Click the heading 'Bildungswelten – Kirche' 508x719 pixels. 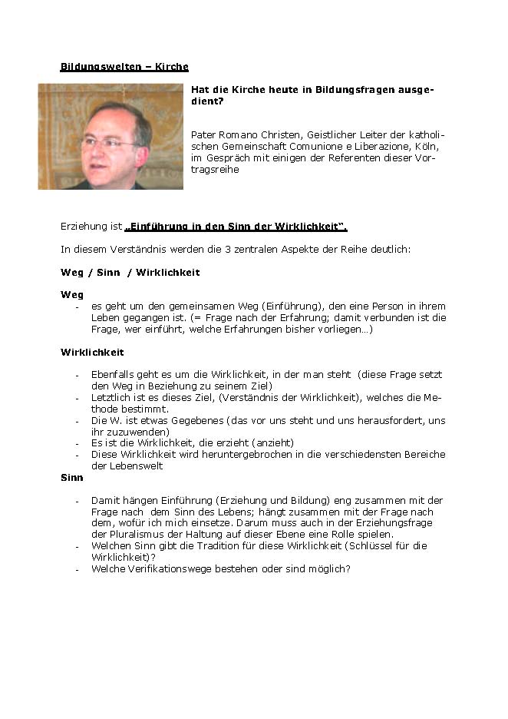pos(124,67)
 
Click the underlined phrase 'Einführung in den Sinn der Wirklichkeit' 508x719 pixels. pos(236,227)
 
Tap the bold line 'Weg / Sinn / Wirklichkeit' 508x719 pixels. pos(130,273)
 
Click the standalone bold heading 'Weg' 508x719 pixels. pos(72,295)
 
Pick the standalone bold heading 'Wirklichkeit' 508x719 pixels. pos(92,353)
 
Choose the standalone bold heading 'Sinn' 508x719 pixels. pos(72,478)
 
